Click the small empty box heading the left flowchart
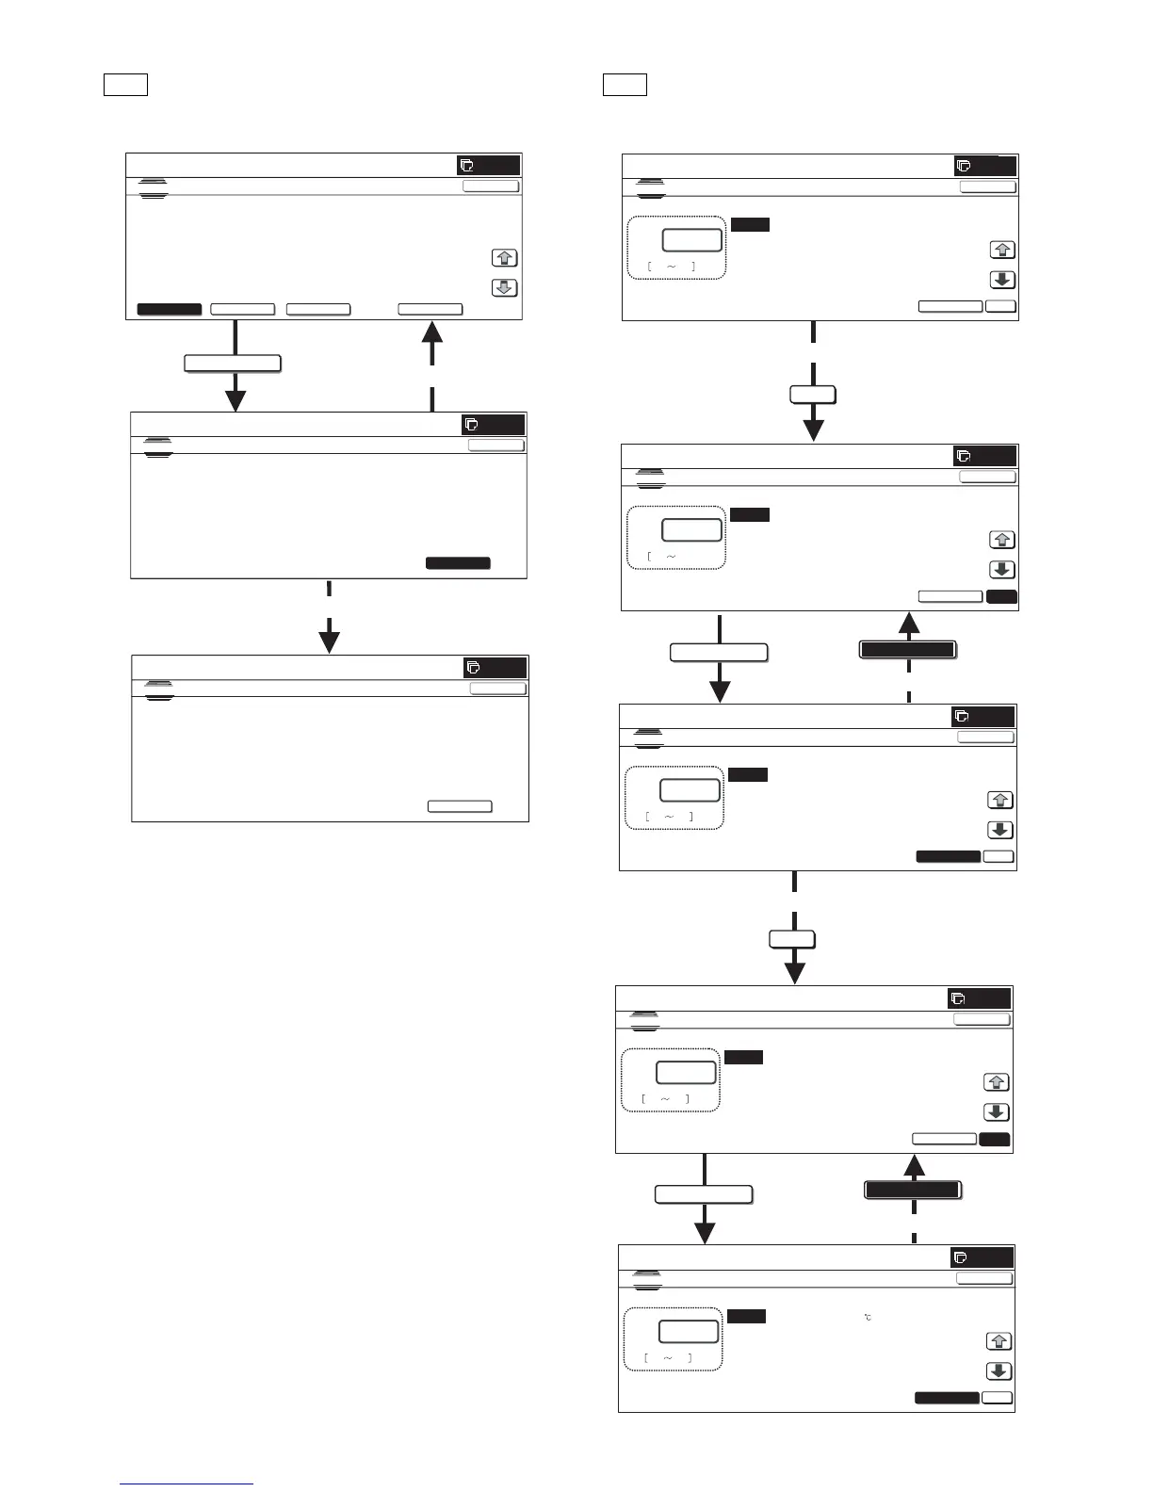[x=125, y=85]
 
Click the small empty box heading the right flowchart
[x=625, y=85]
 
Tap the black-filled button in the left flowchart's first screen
[x=170, y=309]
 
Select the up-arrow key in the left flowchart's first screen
[x=505, y=258]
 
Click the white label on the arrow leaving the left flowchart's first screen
[x=233, y=364]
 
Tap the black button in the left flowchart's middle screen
[x=458, y=563]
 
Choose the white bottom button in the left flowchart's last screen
[x=460, y=806]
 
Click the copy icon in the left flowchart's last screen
[x=474, y=668]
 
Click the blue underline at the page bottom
[x=187, y=1484]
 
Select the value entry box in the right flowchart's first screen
[x=692, y=239]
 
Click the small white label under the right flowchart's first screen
[x=813, y=395]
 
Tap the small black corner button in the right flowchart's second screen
[x=1002, y=596]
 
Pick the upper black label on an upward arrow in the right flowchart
[x=908, y=649]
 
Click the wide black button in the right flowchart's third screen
[x=949, y=856]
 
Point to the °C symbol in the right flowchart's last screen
[x=867, y=1317]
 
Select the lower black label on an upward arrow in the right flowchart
[x=913, y=1191]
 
